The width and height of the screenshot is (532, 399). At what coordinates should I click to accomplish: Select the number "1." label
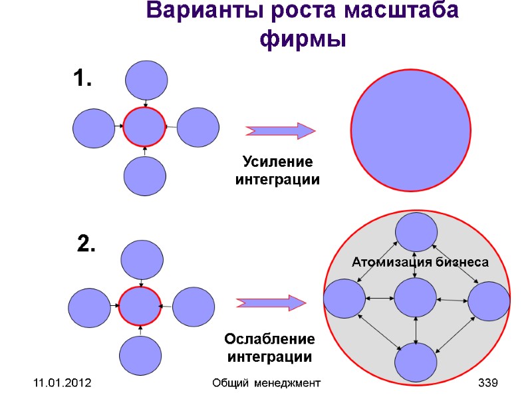[x=82, y=80]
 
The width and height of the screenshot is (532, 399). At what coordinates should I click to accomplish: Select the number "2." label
[x=86, y=245]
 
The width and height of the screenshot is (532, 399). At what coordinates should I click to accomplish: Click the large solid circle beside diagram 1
[x=413, y=130]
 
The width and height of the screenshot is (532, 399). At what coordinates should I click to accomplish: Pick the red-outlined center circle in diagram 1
[x=144, y=127]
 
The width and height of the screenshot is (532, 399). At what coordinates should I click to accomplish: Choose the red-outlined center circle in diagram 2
[x=140, y=307]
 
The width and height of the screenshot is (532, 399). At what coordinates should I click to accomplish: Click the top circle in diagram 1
[x=146, y=80]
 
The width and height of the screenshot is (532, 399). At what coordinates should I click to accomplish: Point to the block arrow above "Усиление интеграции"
[x=280, y=131]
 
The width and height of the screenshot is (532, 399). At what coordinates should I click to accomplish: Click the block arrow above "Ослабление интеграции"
[x=271, y=303]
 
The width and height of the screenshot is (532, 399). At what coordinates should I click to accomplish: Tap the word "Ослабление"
[x=269, y=340]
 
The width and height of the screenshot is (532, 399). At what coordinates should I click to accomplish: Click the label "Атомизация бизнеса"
[x=420, y=263]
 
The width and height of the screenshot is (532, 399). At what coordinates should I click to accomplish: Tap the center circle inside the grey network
[x=415, y=298]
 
